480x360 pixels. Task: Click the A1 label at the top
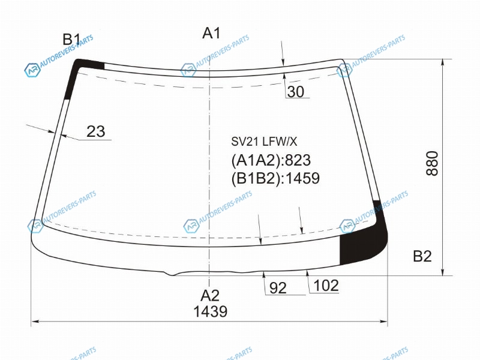pos(211,33)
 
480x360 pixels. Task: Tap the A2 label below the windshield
pos(210,296)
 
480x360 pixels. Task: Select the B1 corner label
pos(71,40)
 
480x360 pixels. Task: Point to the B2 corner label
pos(422,256)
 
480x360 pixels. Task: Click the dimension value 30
pos(296,92)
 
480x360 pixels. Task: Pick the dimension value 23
pos(96,131)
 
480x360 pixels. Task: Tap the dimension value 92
pos(278,288)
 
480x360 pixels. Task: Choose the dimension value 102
pos(326,286)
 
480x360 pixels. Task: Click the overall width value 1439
pos(211,311)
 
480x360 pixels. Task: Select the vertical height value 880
pos(432,163)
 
